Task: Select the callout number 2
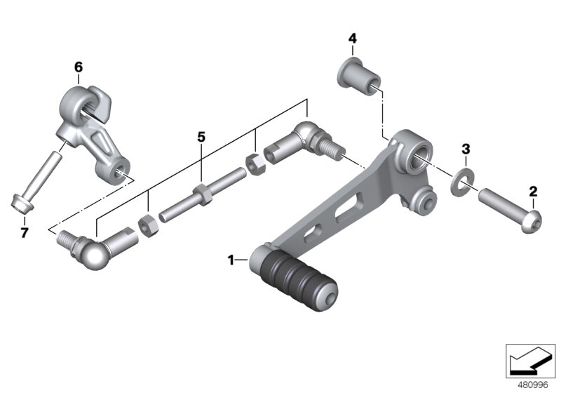pos(533,191)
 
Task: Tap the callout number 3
pos(464,149)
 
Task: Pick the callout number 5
pos(201,137)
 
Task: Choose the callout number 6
pos(78,67)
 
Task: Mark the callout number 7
pos(24,233)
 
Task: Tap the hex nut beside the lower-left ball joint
pos(148,224)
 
